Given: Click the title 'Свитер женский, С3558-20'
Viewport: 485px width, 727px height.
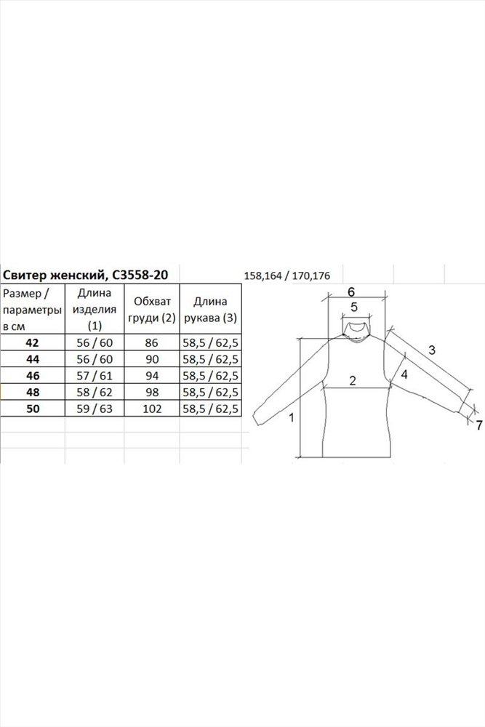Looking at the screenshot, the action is click(85, 276).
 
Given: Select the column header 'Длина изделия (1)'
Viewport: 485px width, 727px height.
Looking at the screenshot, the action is click(95, 309).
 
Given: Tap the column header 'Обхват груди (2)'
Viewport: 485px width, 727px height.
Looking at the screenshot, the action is click(152, 310).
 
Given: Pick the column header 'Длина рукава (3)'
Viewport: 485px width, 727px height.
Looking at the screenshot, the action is click(211, 310).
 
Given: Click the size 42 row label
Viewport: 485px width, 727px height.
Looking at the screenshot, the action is click(33, 342).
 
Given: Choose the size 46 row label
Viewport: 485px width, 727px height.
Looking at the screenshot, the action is click(33, 376).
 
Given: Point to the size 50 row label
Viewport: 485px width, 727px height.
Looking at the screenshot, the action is click(33, 409).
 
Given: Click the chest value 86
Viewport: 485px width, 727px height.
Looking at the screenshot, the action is click(152, 342).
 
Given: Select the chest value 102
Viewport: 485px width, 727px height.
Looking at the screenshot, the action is click(152, 409).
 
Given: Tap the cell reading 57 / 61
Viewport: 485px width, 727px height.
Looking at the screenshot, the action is click(95, 376).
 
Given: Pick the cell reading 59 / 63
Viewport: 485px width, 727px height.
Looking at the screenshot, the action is click(95, 409).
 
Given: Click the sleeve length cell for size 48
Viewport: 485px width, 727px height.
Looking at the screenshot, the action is click(211, 393).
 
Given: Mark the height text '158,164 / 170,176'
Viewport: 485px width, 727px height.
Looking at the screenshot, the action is click(287, 276).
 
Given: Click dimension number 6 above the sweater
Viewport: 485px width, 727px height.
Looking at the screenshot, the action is click(351, 292).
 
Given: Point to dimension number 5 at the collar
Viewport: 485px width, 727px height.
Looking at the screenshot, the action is click(354, 307).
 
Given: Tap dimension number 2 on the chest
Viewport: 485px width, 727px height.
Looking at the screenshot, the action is click(353, 381).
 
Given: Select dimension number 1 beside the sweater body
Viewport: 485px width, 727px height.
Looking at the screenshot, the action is click(292, 418).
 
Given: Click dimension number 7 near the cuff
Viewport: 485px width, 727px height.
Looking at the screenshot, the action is click(479, 425).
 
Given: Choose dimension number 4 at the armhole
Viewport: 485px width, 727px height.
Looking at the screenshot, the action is click(404, 374).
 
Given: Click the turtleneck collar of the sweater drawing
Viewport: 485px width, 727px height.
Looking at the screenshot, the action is click(356, 330).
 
